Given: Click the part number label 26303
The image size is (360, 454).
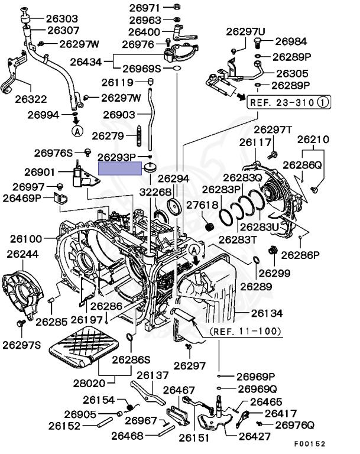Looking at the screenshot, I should (x=64, y=19).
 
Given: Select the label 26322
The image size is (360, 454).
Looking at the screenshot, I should (x=31, y=99).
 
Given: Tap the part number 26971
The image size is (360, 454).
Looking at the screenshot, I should (x=144, y=8).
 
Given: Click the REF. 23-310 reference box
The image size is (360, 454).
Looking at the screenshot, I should (x=288, y=101).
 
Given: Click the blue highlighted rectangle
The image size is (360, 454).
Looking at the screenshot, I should (x=121, y=167).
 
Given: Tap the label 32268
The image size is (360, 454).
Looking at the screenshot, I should (x=155, y=192).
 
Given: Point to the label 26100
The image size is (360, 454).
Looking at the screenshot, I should (x=26, y=239).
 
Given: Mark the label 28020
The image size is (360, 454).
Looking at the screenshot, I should (x=90, y=383).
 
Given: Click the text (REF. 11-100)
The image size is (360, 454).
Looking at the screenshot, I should (x=245, y=331).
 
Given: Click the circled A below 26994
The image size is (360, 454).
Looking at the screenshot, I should (x=76, y=129).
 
